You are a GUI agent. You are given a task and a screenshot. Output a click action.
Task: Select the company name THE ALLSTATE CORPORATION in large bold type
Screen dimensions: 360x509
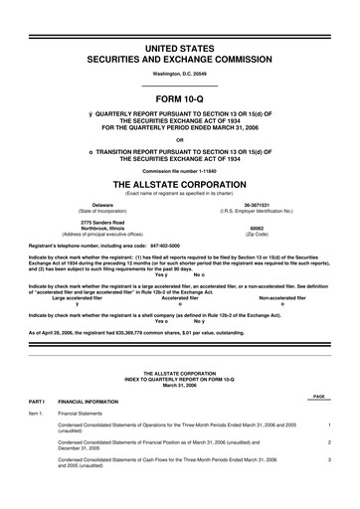(x=180, y=185)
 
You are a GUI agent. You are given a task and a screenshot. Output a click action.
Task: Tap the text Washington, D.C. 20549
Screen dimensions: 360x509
(x=180, y=75)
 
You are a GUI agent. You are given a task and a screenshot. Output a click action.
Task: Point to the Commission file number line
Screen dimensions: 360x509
(x=180, y=171)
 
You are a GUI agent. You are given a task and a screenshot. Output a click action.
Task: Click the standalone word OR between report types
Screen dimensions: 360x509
(x=180, y=139)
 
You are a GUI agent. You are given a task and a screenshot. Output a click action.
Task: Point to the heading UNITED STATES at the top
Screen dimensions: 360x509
(x=180, y=48)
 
